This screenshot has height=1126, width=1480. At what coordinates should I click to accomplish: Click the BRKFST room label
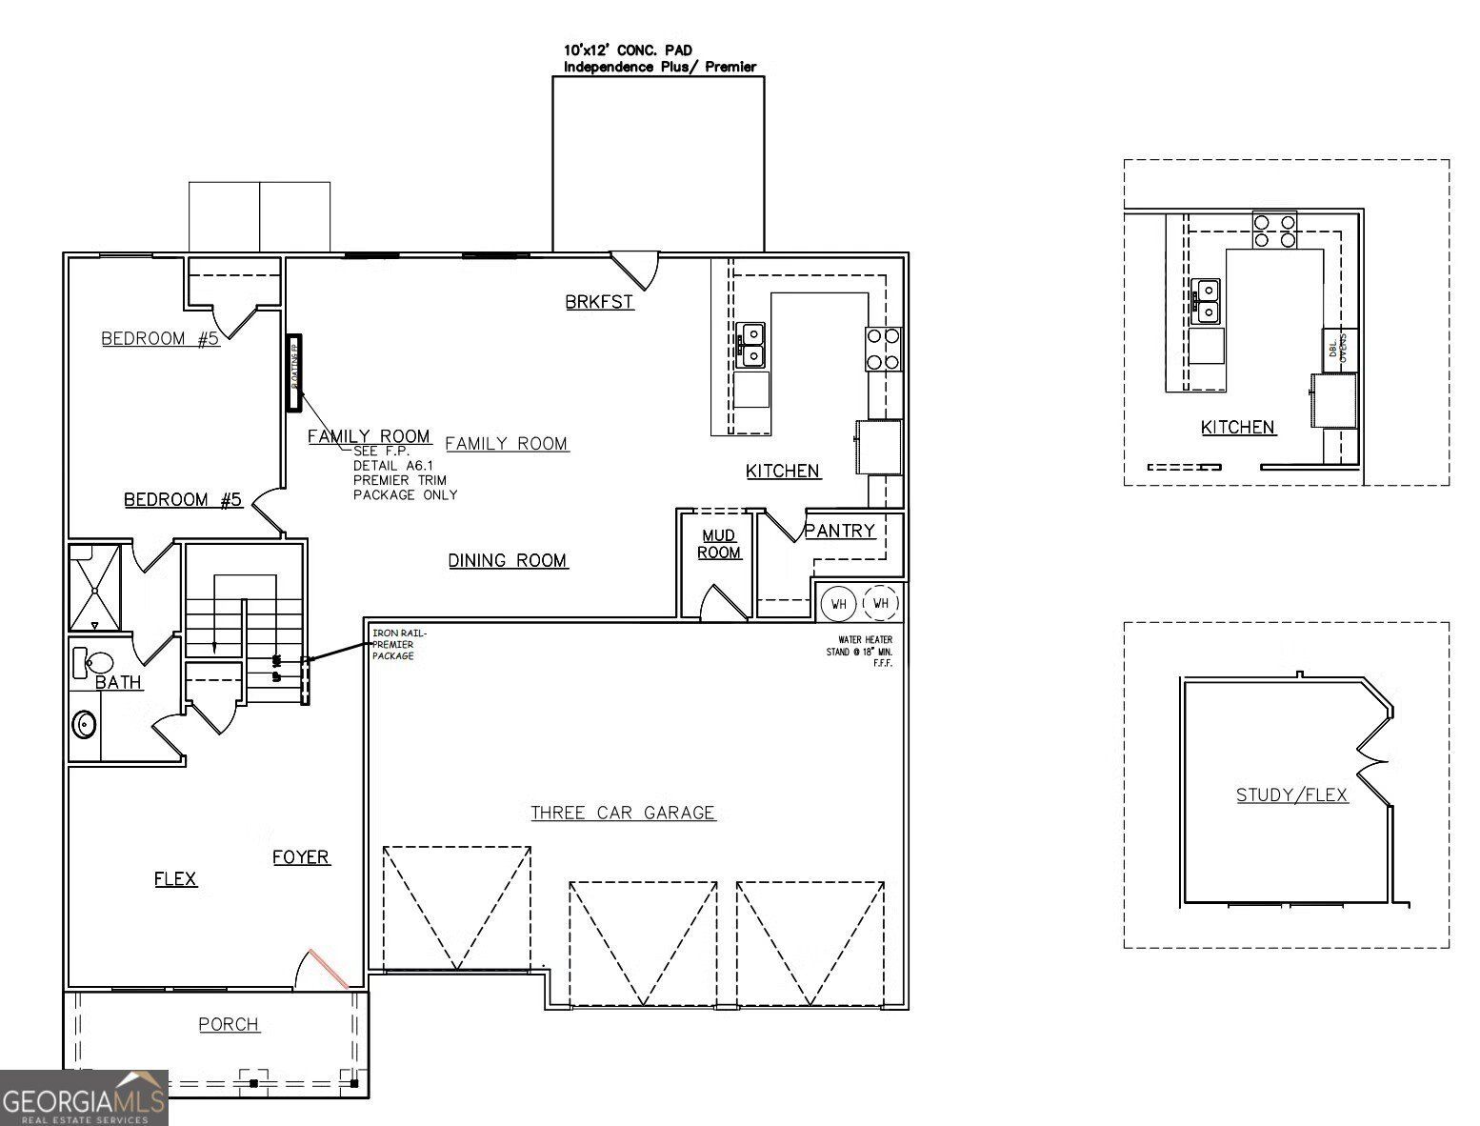tap(599, 302)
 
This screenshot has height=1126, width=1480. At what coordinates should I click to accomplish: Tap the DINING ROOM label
tap(508, 560)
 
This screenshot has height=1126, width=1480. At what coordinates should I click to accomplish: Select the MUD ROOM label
tap(719, 544)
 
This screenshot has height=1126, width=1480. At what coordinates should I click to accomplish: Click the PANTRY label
tap(839, 531)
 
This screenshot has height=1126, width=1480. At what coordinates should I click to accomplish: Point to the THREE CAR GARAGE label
tap(623, 813)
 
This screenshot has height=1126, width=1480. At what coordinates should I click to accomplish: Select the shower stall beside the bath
tap(95, 587)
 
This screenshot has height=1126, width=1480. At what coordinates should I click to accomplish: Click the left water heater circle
tap(839, 603)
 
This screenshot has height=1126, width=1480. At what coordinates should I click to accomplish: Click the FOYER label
tap(301, 857)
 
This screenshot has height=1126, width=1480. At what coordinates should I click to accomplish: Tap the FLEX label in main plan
tap(175, 878)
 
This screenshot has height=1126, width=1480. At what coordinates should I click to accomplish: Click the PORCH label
tap(229, 1024)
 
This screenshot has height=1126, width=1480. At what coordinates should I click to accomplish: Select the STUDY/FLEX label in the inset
tap(1291, 794)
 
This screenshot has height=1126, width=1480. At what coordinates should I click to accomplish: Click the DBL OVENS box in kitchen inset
tap(1338, 349)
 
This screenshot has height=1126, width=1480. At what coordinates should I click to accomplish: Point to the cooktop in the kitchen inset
tap(1274, 231)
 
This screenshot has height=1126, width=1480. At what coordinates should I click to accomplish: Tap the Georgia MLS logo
tap(84, 1097)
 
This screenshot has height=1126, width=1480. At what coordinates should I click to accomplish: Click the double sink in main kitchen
tap(751, 345)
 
